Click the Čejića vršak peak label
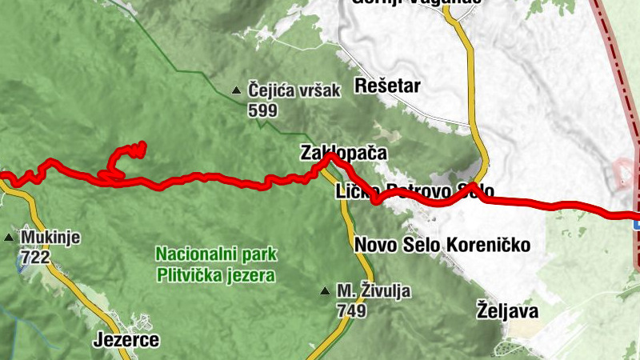click(294, 91)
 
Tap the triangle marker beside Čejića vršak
click(236, 91)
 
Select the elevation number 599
click(262, 110)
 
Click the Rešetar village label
click(387, 86)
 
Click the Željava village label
click(507, 310)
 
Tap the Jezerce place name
click(126, 340)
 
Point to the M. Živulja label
click(374, 290)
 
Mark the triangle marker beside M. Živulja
click(325, 290)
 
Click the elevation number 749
click(352, 309)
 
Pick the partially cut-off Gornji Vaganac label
click(416, 2)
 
